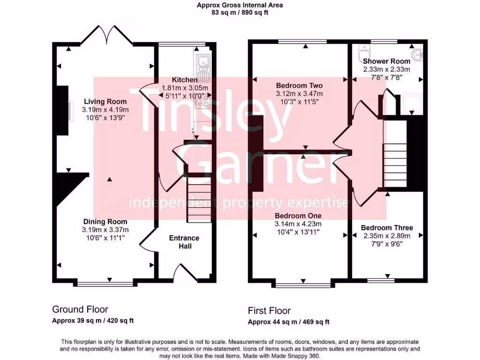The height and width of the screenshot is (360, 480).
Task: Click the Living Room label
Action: tap(105, 101)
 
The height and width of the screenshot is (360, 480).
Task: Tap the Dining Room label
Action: tap(105, 222)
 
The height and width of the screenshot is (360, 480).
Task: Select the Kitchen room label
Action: tap(184, 80)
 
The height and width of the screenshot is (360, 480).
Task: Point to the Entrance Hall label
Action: tap(184, 242)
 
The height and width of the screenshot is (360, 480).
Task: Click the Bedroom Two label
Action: tap(299, 86)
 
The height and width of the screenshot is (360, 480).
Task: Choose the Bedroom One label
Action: tap(298, 216)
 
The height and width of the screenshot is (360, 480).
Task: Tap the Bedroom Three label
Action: tap(387, 228)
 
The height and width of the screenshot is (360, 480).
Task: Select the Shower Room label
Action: tap(387, 61)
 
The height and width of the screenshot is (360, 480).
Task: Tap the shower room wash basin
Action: tap(419, 54)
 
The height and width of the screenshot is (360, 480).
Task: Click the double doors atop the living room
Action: tap(108, 35)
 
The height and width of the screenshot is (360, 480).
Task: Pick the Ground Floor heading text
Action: tap(80, 309)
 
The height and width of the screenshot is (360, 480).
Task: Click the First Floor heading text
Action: tap(269, 311)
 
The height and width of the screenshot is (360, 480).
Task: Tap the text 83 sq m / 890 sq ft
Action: tap(240, 13)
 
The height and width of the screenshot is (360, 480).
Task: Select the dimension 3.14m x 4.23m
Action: tap(298, 224)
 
